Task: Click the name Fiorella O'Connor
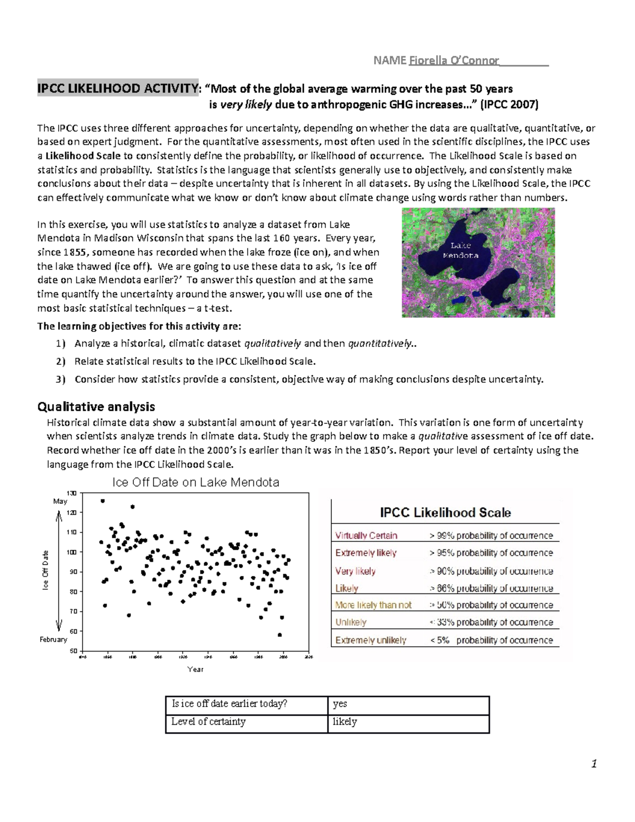452,60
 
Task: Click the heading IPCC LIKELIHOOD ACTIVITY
117,88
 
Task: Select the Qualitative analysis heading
96,407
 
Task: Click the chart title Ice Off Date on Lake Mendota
195,482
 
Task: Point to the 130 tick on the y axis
72,493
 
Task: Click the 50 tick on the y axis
72,651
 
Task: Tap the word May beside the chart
60,501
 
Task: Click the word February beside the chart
53,639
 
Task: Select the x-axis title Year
195,669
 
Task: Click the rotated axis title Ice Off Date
46,571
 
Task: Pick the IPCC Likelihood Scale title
445,512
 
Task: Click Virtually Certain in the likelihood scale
366,535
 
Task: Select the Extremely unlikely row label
371,640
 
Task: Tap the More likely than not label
374,604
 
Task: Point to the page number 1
594,763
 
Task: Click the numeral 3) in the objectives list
60,379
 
